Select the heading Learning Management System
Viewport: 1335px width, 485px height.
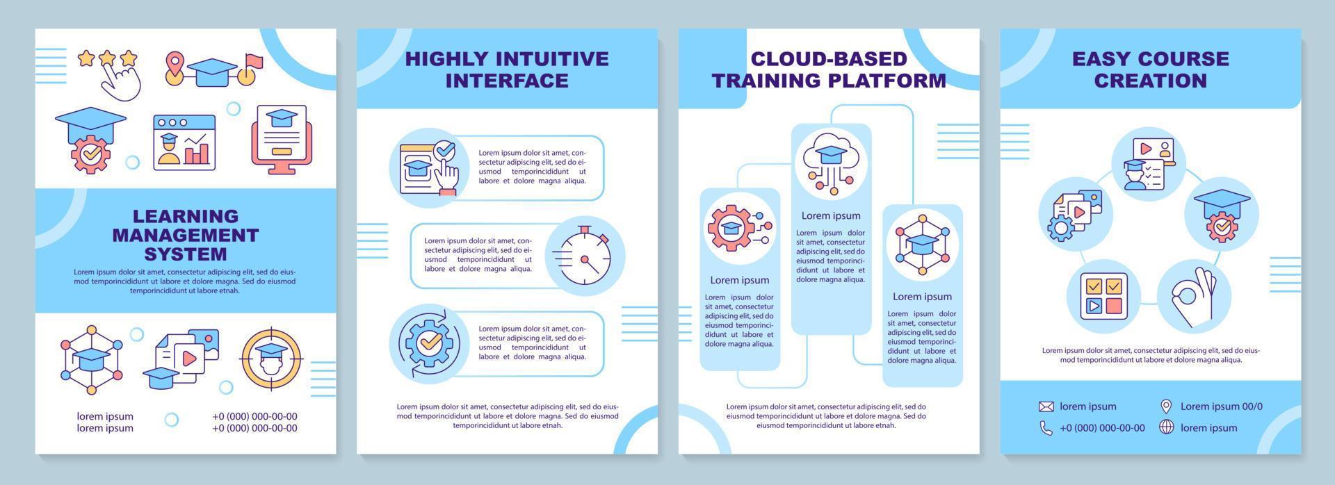coord(186,235)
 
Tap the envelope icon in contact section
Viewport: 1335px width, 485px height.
coord(1046,406)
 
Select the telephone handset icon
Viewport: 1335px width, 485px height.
coord(1046,428)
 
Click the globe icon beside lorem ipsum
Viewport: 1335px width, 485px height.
coord(1166,427)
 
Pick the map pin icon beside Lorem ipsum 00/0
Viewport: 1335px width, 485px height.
coord(1166,406)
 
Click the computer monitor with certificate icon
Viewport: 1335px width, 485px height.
coord(278,140)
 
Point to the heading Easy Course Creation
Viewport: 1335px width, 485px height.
coord(1150,69)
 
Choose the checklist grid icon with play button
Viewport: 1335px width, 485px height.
coord(1103,297)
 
